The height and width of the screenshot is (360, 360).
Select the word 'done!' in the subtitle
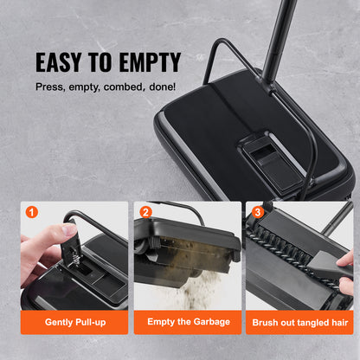point(164,87)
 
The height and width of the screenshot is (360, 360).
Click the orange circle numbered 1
point(32,210)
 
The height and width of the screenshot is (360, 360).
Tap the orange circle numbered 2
point(145,210)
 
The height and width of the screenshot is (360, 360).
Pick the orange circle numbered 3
point(256,210)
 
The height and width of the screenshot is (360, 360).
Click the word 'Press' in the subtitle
point(50,87)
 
